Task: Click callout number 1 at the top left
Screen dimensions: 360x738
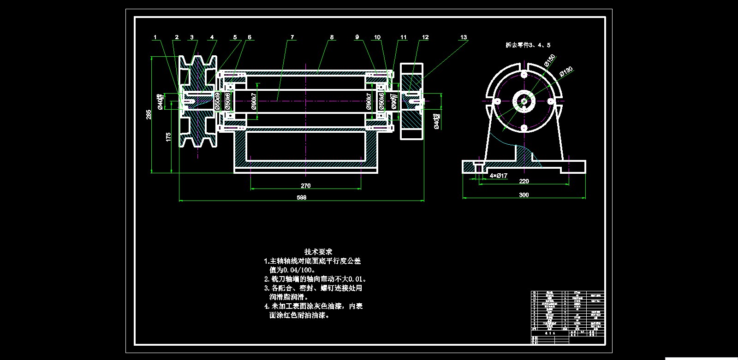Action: (x=155, y=37)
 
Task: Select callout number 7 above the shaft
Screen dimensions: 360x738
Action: (x=292, y=37)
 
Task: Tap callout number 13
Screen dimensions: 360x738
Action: (x=464, y=37)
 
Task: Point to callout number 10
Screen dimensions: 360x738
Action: (x=377, y=37)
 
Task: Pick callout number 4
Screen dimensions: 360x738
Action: (x=212, y=37)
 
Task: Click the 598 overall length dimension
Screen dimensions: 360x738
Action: (x=302, y=197)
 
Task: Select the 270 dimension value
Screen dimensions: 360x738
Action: (x=305, y=186)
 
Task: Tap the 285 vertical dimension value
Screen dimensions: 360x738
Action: (x=149, y=114)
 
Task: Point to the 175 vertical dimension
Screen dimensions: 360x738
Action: (x=168, y=136)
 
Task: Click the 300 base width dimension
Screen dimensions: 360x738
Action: (x=524, y=195)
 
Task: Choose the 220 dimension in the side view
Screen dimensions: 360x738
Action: (x=524, y=181)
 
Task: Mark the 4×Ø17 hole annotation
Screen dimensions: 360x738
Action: (x=499, y=176)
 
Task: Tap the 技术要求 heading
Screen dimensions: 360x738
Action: (x=318, y=252)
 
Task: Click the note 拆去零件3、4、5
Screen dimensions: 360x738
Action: (x=528, y=45)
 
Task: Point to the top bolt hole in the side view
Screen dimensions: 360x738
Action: (x=524, y=75)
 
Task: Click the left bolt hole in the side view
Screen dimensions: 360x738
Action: (x=498, y=101)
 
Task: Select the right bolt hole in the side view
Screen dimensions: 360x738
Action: (x=550, y=101)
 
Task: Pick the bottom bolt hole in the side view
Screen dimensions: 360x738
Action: (x=524, y=128)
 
